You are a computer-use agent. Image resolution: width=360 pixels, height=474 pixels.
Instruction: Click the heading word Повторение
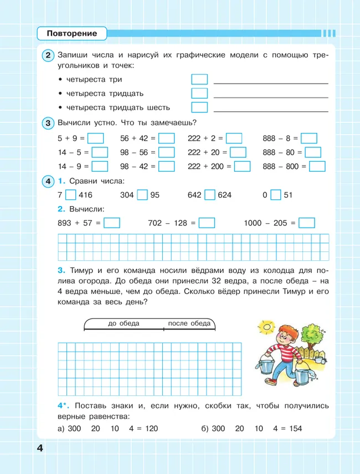pyautogui.click(x=72, y=34)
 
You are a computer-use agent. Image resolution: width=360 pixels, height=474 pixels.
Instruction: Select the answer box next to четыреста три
pyautogui.click(x=199, y=80)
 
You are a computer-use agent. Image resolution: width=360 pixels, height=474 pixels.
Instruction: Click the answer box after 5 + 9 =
pyautogui.click(x=96, y=138)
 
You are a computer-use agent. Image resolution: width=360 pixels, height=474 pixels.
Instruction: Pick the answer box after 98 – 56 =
pyautogui.click(x=166, y=152)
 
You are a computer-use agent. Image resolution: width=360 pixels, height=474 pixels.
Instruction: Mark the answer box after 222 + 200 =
pyautogui.click(x=242, y=166)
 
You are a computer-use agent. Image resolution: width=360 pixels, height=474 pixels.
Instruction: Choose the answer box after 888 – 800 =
pyautogui.click(x=317, y=166)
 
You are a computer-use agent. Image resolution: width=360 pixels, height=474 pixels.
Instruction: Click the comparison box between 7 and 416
pyautogui.click(x=70, y=195)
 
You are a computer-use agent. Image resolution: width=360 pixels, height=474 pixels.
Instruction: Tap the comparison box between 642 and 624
pyautogui.click(x=209, y=195)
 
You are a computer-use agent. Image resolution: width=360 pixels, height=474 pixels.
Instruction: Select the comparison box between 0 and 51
pyautogui.click(x=276, y=195)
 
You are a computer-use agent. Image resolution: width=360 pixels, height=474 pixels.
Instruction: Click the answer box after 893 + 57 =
pyautogui.click(x=112, y=223)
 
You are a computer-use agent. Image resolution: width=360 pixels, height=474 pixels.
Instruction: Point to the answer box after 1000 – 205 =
pyautogui.click(x=306, y=223)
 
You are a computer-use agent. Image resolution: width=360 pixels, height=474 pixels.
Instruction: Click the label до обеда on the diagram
pyautogui.click(x=124, y=323)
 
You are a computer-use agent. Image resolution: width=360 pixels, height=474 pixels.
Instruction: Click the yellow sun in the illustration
pyautogui.click(x=268, y=327)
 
